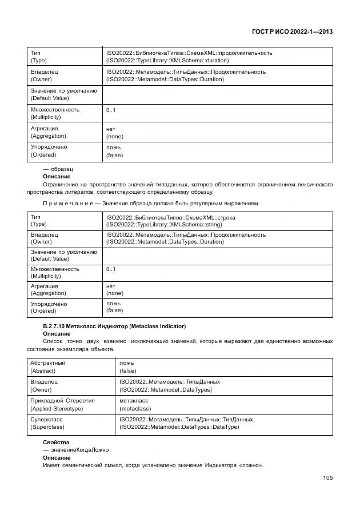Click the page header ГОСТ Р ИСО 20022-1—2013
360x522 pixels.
pyautogui.click(x=292, y=32)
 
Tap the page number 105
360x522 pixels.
pyautogui.click(x=327, y=478)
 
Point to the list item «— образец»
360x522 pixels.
pyautogui.click(x=58, y=169)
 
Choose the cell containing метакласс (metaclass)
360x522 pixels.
pyautogui.click(x=135, y=404)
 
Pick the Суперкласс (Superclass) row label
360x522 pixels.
pyautogui.click(x=47, y=423)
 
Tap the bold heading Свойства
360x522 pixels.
pyautogui.click(x=56, y=443)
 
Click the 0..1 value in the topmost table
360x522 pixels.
pyautogui.click(x=111, y=109)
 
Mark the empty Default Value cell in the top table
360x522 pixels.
pyautogui.click(x=217, y=94)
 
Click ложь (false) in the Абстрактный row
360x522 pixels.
pyautogui.click(x=128, y=366)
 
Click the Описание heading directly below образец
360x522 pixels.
pyautogui.click(x=57, y=177)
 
